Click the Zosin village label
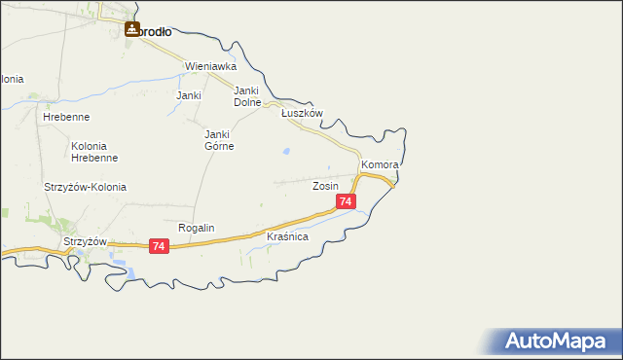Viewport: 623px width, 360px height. (x=325, y=185)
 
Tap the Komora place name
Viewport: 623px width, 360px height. (x=381, y=165)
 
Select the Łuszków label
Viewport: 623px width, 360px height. (x=301, y=113)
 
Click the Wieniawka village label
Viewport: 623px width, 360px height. (x=211, y=66)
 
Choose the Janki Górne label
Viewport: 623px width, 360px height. (x=218, y=140)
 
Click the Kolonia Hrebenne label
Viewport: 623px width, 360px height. (x=94, y=152)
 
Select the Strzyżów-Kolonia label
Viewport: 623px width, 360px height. (x=85, y=187)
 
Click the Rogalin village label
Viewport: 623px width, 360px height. (x=196, y=228)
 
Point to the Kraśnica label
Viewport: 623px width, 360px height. (x=287, y=236)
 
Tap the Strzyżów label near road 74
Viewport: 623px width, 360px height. (x=84, y=241)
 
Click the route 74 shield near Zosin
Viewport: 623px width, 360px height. (x=345, y=201)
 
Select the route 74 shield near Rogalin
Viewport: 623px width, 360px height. (x=160, y=247)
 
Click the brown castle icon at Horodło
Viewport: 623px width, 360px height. (x=131, y=30)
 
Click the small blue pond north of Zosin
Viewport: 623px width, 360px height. (x=285, y=151)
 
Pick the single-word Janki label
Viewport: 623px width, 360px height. (x=188, y=95)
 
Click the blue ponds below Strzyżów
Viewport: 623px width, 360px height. (x=123, y=263)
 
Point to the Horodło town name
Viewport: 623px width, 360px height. (x=156, y=31)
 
